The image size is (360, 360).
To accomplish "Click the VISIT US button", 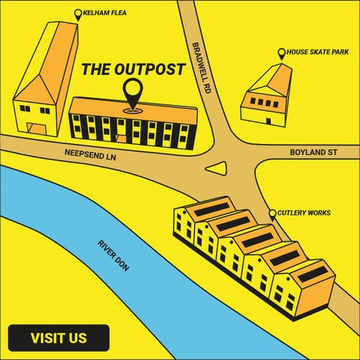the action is pyautogui.click(x=58, y=338).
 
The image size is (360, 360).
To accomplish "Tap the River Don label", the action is pyautogui.click(x=113, y=256).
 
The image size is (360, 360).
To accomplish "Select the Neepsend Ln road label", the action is pyautogui.click(x=90, y=154).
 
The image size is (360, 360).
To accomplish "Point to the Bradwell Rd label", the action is pyautogui.click(x=202, y=67).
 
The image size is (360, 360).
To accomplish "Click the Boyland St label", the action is pyautogui.click(x=313, y=152).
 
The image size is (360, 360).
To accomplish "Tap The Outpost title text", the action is pyautogui.click(x=133, y=69).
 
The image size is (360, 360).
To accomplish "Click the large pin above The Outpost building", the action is pyautogui.click(x=133, y=95).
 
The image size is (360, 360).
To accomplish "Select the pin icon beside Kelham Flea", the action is pyautogui.click(x=78, y=15).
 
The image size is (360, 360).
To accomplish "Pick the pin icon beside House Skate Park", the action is pyautogui.click(x=282, y=54).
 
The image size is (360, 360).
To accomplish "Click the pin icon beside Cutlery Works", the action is pyautogui.click(x=272, y=215).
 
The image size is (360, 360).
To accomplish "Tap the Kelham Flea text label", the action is pyautogui.click(x=104, y=13).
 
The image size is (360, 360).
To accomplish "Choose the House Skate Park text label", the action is pyautogui.click(x=317, y=52).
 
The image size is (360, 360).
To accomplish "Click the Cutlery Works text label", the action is pyautogui.click(x=304, y=213).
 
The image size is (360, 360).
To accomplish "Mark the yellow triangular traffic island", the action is pyautogui.click(x=218, y=168).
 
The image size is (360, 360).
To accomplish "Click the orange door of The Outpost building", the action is pyautogui.click(x=121, y=139).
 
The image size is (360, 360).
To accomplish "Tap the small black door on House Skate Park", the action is pyautogui.click(x=268, y=121).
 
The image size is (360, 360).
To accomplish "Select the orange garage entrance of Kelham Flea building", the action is pyautogui.click(x=37, y=128).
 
